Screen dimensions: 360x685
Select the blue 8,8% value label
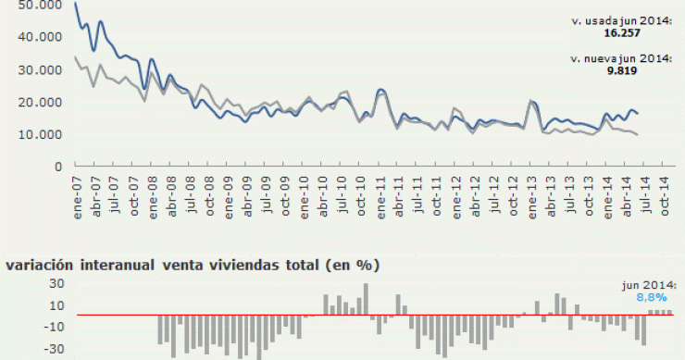coord(651,297)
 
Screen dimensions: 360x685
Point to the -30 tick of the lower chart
coord(29,350)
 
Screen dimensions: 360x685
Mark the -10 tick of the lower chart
coord(29,327)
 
